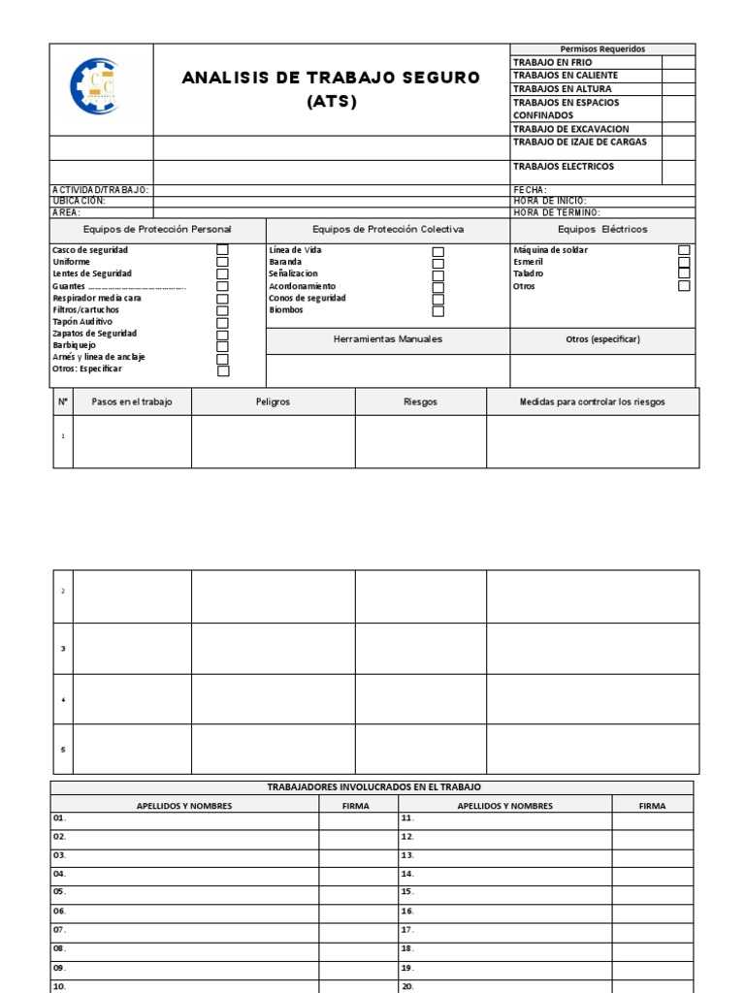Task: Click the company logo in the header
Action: pyautogui.click(x=96, y=86)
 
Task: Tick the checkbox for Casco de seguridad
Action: pyautogui.click(x=222, y=250)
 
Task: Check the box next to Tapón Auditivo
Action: pyautogui.click(x=222, y=322)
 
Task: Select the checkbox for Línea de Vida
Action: pyautogui.click(x=437, y=252)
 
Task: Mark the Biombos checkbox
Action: pyautogui.click(x=437, y=311)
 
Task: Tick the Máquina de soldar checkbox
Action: pyautogui.click(x=684, y=250)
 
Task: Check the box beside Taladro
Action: pyautogui.click(x=684, y=273)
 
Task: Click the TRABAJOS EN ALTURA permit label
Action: pyautogui.click(x=562, y=88)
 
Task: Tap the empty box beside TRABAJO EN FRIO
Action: pyautogui.click(x=678, y=62)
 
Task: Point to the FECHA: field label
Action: pyautogui.click(x=530, y=190)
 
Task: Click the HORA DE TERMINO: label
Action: pyautogui.click(x=556, y=212)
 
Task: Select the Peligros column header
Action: pyautogui.click(x=273, y=401)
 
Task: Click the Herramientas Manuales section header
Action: pyautogui.click(x=388, y=339)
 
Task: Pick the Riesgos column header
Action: pyautogui.click(x=420, y=401)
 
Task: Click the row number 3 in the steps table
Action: pyautogui.click(x=63, y=648)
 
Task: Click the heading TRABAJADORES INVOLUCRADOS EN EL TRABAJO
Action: pyautogui.click(x=373, y=787)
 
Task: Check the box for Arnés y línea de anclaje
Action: pyautogui.click(x=223, y=359)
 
